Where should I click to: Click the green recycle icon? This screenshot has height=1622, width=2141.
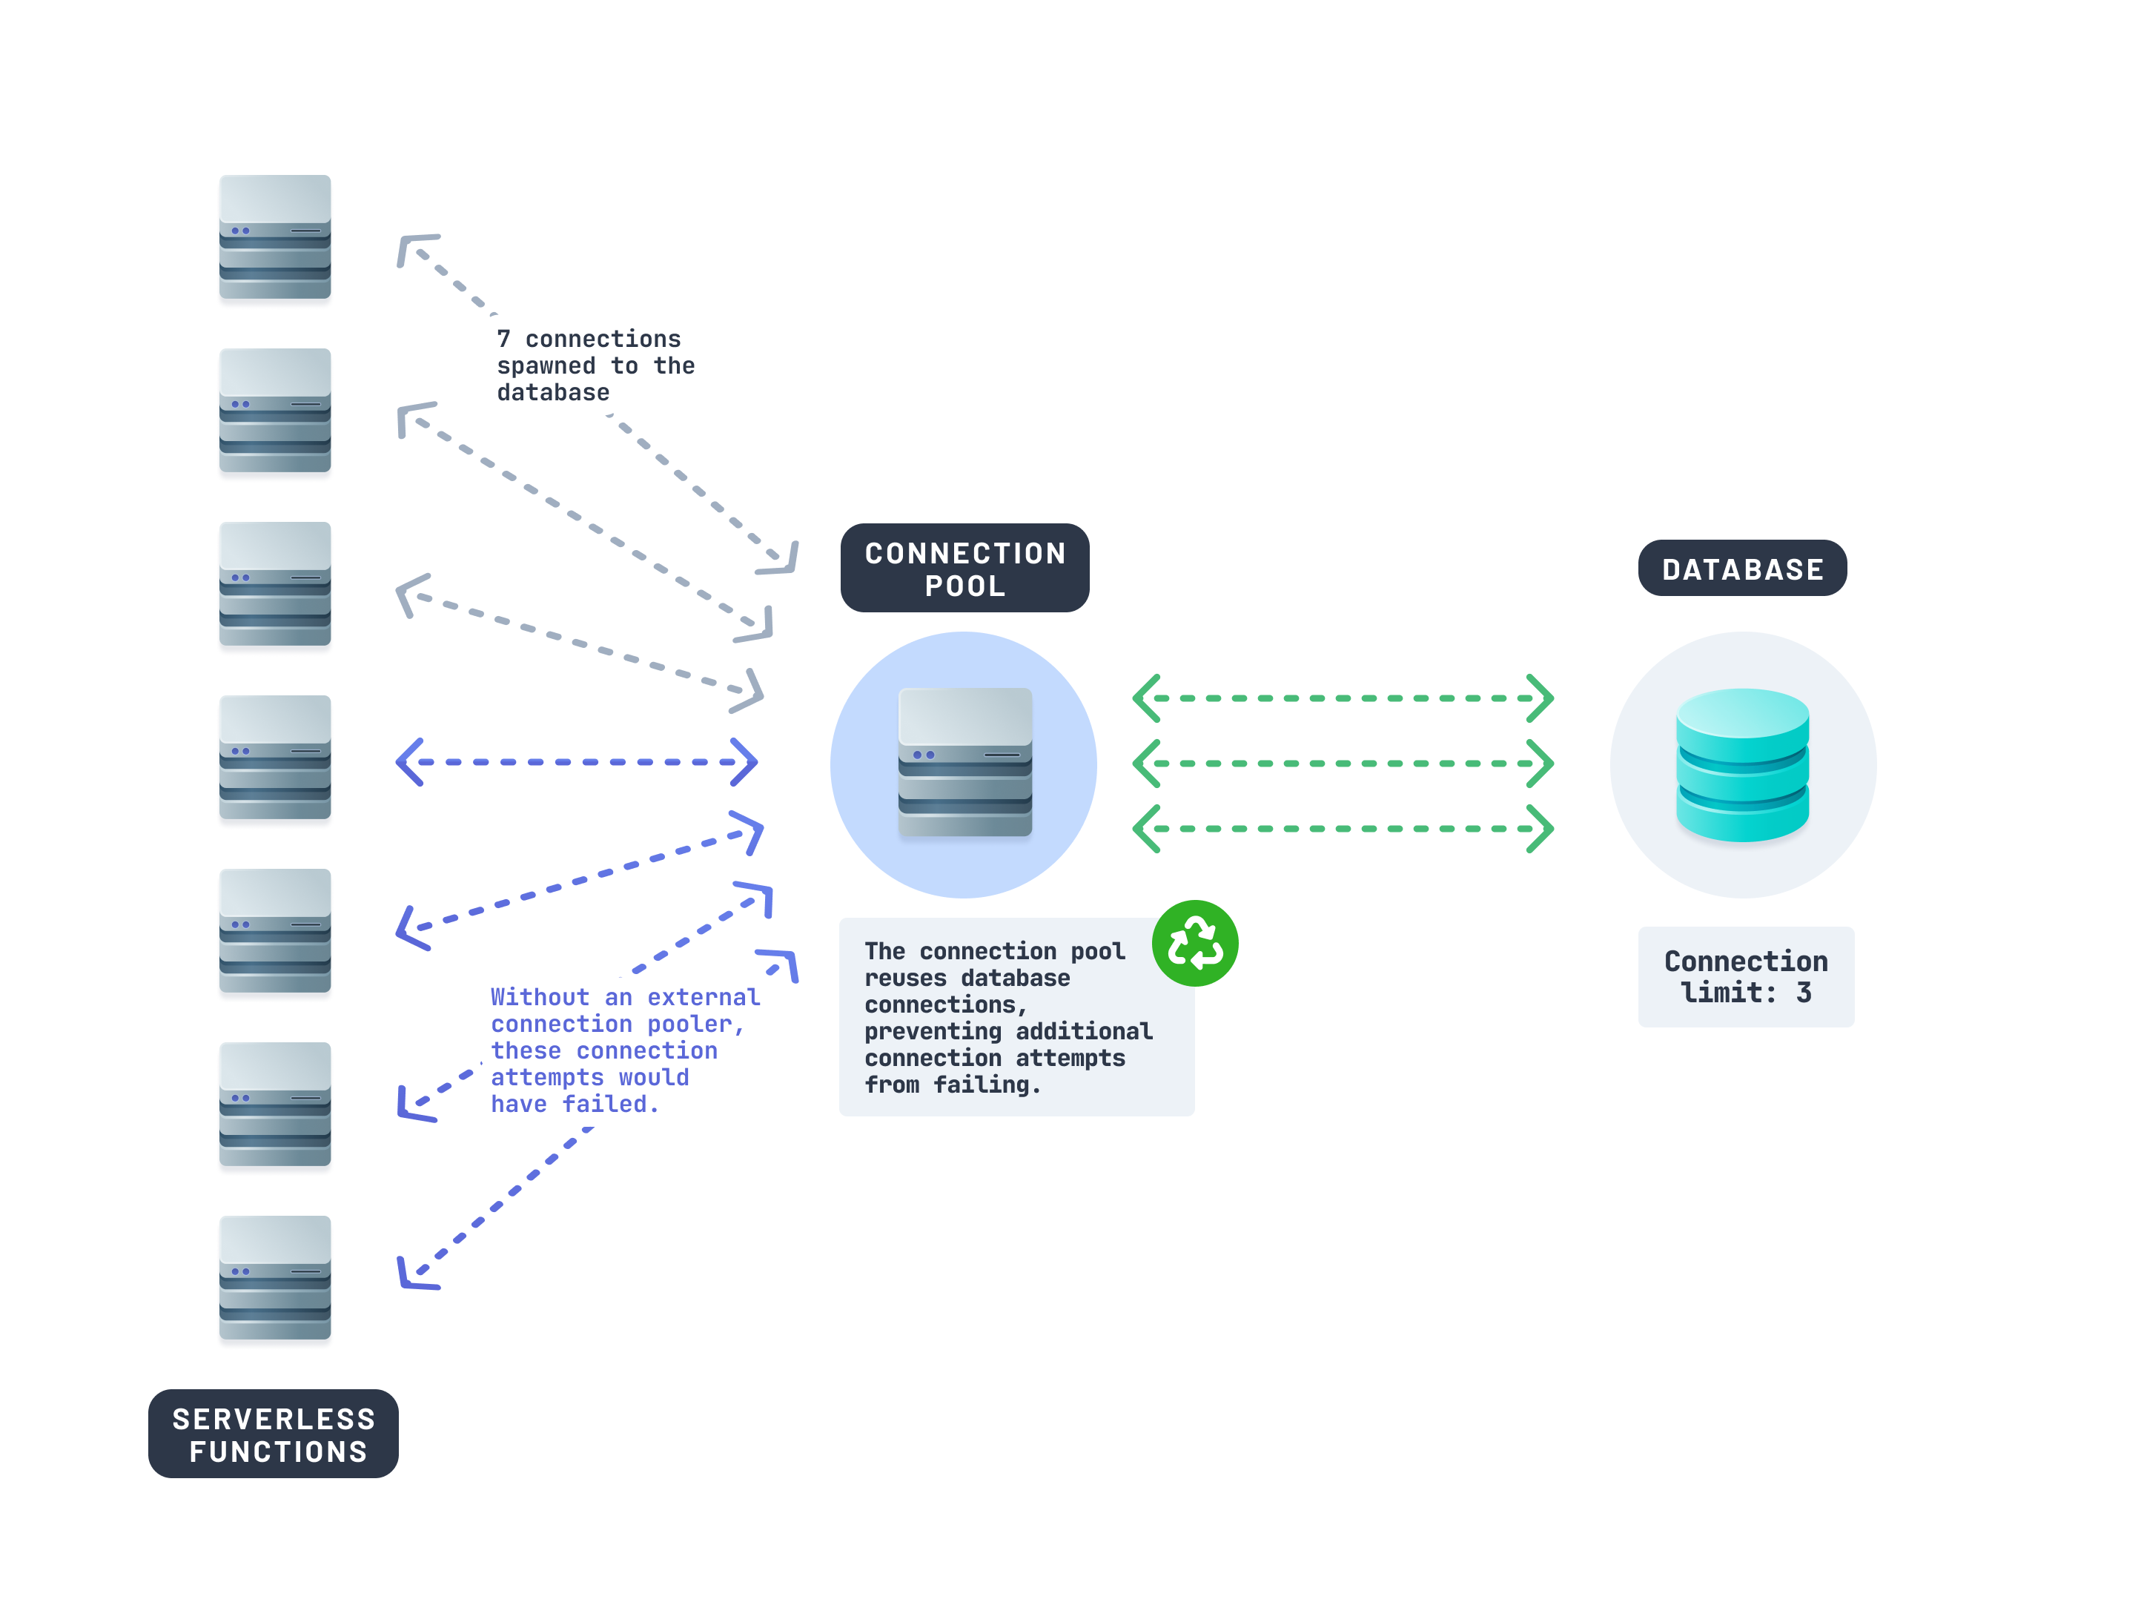1194,944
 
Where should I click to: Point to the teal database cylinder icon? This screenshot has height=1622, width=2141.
1741,764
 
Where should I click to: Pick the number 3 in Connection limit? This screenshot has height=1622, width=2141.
1803,993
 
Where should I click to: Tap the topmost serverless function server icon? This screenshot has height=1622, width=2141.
275,237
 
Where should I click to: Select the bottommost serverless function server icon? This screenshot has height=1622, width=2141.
275,1277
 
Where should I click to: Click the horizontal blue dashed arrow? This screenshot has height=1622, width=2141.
577,763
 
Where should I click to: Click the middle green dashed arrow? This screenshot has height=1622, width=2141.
1343,764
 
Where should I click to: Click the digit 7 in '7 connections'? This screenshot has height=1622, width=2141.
503,340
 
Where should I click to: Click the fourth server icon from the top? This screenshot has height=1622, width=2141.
275,758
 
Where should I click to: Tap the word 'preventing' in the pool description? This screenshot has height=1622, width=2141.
932,1032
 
